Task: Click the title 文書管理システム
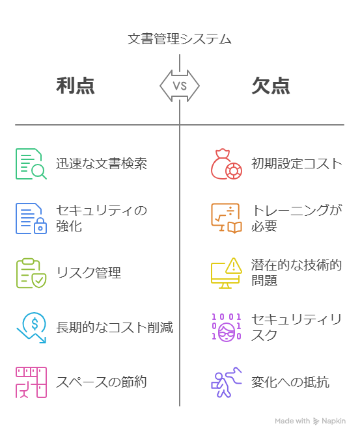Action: point(180,39)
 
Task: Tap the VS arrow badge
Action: point(180,86)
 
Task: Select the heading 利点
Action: point(76,86)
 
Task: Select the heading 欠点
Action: point(271,86)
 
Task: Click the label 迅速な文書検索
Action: point(102,164)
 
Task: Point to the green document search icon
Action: point(31,164)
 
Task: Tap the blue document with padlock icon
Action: point(31,218)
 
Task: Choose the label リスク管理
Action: point(89,273)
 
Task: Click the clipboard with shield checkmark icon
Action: point(31,273)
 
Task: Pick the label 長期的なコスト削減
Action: point(115,328)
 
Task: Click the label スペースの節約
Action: point(102,382)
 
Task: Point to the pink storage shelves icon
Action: point(31,382)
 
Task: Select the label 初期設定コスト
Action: point(297,164)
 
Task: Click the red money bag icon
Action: point(227,164)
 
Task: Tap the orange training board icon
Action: point(227,218)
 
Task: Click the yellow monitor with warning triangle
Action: point(227,273)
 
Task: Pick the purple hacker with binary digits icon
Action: point(227,328)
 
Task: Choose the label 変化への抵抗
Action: point(290,382)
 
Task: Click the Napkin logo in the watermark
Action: point(316,421)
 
